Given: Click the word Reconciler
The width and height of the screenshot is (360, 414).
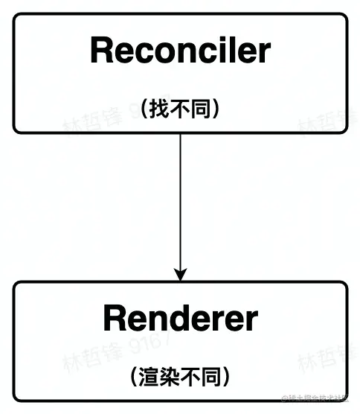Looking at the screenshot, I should [x=180, y=51].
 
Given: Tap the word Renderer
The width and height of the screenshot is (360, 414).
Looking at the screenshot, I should [x=180, y=319].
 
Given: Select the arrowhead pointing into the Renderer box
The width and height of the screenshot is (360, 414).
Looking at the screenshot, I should [x=180, y=273].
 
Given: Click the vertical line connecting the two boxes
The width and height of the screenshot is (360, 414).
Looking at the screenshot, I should [x=180, y=201].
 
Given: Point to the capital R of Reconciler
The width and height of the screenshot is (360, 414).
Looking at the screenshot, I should [x=100, y=51].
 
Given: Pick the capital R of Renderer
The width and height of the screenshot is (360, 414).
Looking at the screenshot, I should [x=114, y=319].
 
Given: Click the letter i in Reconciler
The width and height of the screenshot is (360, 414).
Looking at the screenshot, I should [x=222, y=51].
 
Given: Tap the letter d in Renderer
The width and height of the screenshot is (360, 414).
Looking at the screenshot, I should [x=178, y=319].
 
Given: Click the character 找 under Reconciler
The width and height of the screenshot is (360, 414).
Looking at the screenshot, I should [x=158, y=109].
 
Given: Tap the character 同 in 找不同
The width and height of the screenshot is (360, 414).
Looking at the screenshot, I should [x=199, y=109].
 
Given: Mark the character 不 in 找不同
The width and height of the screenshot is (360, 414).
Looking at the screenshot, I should [x=179, y=109].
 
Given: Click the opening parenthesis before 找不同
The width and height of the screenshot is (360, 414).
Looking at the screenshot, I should [x=144, y=109].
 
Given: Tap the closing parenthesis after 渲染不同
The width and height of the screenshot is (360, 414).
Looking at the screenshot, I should [x=225, y=377].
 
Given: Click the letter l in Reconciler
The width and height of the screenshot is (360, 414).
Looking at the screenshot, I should [x=232, y=51].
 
